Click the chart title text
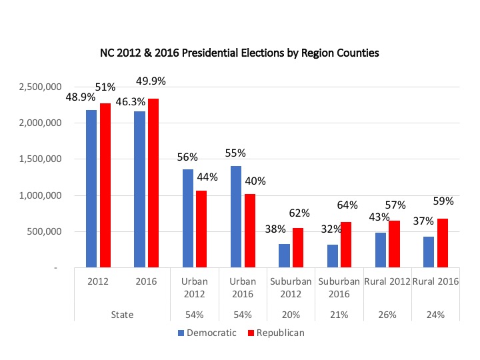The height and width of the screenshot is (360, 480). click(240, 53)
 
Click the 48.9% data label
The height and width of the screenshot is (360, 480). click(79, 97)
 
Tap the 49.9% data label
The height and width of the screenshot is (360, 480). click(151, 81)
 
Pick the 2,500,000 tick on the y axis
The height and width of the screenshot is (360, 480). click(41, 87)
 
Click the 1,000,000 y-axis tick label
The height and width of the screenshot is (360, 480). click(41, 196)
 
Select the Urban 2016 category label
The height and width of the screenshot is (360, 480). click(242, 287)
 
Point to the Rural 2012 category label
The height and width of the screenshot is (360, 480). click(386, 281)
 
